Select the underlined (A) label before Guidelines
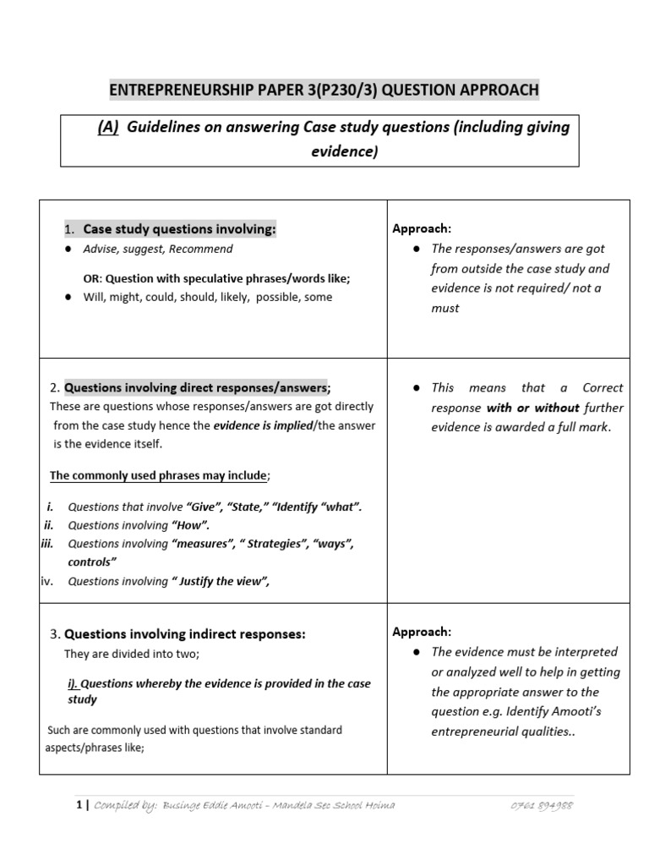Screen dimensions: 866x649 click(107, 128)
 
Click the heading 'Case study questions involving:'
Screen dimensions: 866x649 click(179, 229)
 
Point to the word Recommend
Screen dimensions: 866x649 click(205, 249)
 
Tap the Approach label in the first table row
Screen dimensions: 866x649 click(422, 229)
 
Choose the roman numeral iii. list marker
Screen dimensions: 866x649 click(47, 544)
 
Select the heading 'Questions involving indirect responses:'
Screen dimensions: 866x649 click(185, 633)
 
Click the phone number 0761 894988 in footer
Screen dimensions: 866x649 click(542, 806)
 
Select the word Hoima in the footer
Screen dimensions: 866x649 click(376, 806)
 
